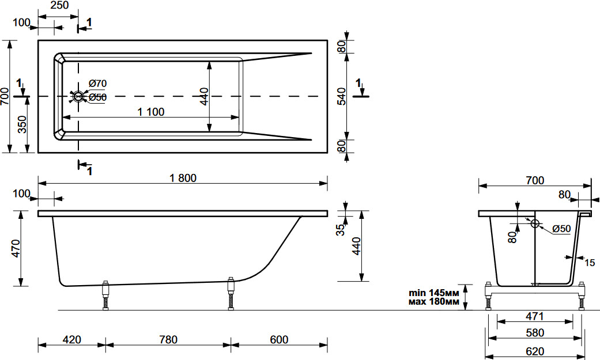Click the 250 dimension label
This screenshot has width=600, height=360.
click(59, 5)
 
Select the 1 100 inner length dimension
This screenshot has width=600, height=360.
click(151, 112)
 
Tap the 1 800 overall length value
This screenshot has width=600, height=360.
click(183, 178)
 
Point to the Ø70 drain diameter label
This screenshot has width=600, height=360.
click(97, 83)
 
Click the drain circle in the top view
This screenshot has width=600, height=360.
click(78, 96)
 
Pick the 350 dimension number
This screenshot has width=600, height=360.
click(22, 125)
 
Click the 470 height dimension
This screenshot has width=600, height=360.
click(16, 248)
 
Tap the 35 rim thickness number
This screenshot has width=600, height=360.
click(340, 230)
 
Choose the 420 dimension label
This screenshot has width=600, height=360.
click(72, 339)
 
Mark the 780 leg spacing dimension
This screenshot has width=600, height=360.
click(168, 339)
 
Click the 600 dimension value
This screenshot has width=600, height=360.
click(279, 339)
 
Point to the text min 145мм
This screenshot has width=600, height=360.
click(434, 293)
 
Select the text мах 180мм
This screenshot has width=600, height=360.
click(434, 302)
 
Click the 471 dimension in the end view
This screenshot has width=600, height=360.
click(534, 316)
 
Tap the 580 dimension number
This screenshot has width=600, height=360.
click(534, 333)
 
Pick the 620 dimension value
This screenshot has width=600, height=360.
click(534, 351)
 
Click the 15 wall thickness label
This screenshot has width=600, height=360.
click(590, 263)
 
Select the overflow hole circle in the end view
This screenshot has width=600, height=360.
click(535, 223)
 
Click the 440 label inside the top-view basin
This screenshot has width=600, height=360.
click(205, 96)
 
